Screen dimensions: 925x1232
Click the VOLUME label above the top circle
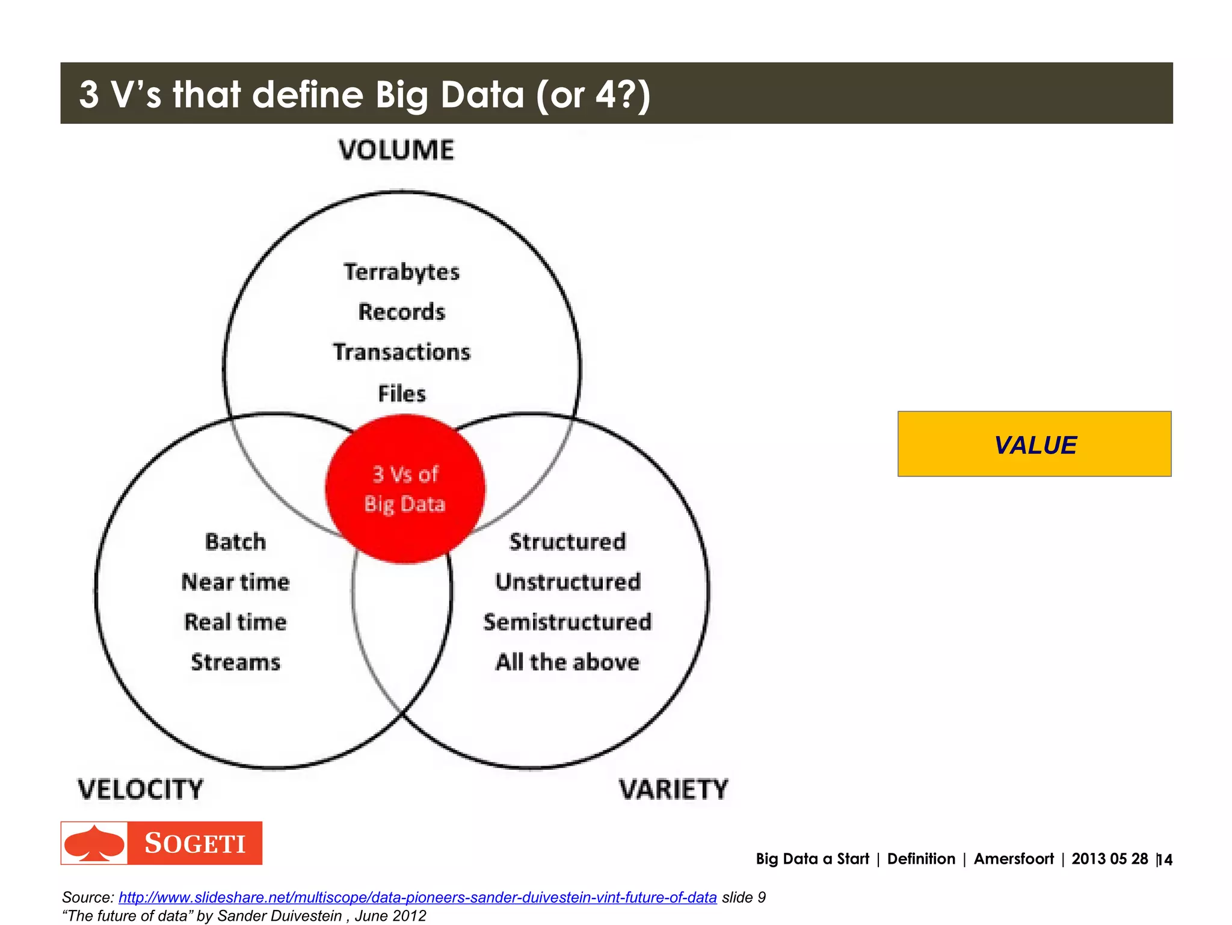point(396,150)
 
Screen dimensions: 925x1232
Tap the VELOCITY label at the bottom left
point(141,789)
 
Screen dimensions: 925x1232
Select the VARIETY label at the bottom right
point(674,789)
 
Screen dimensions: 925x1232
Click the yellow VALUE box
point(1034,444)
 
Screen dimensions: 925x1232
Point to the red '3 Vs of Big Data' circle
point(405,489)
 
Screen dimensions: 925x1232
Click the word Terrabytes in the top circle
point(402,272)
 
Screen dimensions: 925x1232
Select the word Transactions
point(402,352)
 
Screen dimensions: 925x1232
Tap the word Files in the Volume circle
point(402,393)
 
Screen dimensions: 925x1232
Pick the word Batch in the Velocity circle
point(235,541)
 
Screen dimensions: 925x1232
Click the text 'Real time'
point(235,622)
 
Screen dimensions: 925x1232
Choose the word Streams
point(235,662)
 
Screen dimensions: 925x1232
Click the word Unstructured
point(568,582)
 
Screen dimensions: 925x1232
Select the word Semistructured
point(567,622)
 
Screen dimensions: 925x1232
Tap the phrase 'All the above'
point(567,662)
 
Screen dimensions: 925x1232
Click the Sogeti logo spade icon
point(94,843)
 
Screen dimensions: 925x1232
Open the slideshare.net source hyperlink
point(417,897)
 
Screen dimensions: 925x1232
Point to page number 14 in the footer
point(1165,859)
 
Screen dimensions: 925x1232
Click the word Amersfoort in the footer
point(1014,859)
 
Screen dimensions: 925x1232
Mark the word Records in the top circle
point(402,312)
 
